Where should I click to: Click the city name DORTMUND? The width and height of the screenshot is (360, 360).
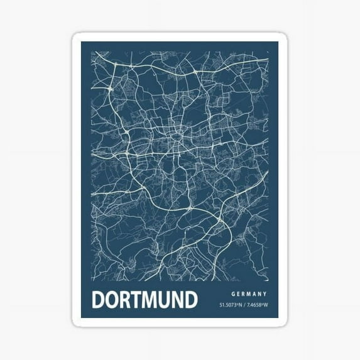[x=145, y=299]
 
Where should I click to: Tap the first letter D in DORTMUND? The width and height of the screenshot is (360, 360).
[x=99, y=299]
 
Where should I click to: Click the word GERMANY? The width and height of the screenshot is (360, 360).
[x=249, y=293]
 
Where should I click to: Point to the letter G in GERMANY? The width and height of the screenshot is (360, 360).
[x=232, y=293]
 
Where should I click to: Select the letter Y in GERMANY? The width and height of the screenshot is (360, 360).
[x=266, y=293]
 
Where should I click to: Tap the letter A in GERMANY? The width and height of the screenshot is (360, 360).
[x=255, y=293]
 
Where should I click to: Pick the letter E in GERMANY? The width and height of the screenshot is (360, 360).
[x=238, y=293]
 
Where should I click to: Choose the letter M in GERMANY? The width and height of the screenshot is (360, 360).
[x=249, y=293]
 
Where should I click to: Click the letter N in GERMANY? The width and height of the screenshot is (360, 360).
[x=261, y=293]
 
